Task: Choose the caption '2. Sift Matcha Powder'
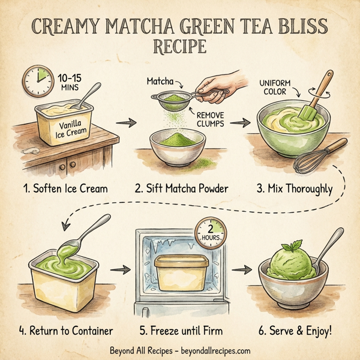(181, 188)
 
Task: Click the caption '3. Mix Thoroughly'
(294, 188)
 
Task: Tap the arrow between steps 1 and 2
(124, 124)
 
